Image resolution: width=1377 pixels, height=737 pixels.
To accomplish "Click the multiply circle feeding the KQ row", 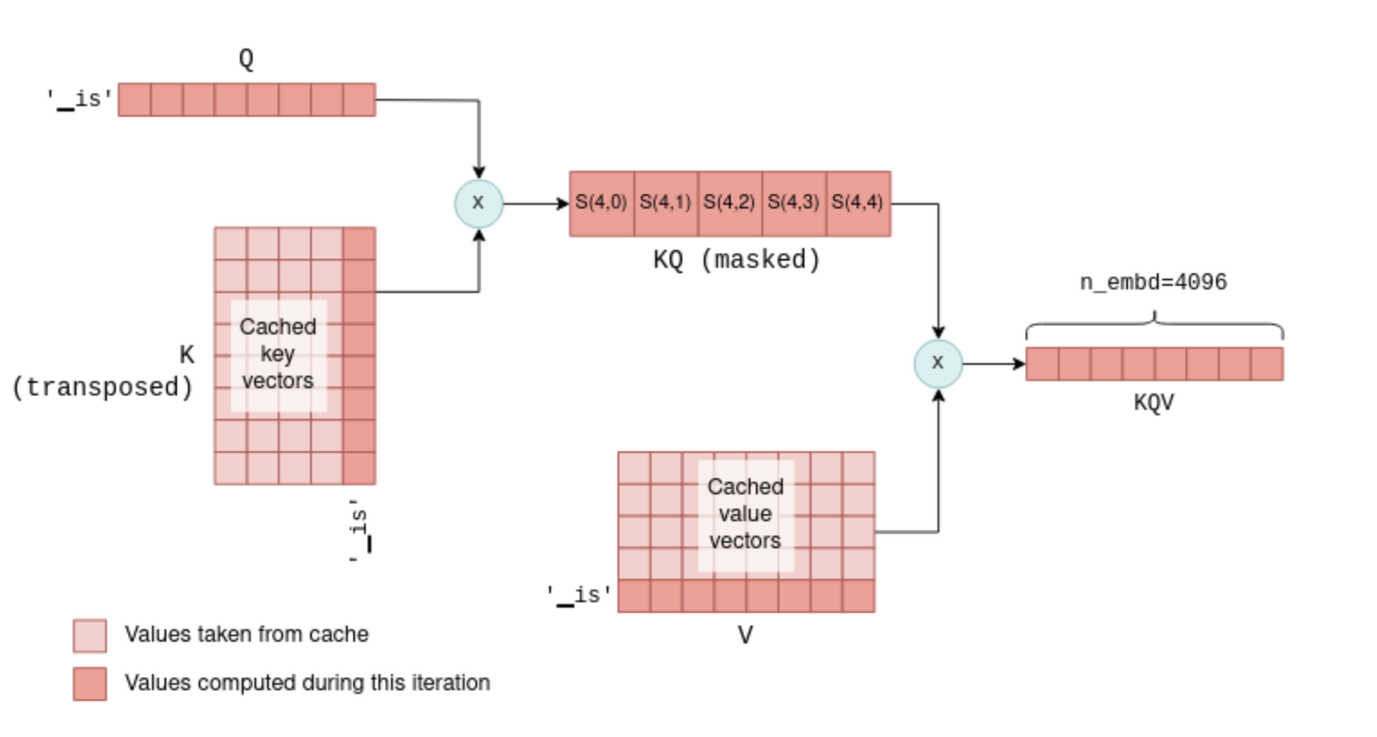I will (478, 203).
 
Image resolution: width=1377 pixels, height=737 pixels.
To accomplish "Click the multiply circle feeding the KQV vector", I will (937, 363).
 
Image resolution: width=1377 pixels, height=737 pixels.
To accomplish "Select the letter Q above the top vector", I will (246, 59).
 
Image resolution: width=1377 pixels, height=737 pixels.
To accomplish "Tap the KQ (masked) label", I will (736, 260).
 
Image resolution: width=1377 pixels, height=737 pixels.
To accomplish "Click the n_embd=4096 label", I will (1153, 282).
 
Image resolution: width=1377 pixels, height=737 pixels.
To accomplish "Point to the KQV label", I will (1153, 402).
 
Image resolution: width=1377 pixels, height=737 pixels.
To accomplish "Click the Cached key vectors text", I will (278, 353).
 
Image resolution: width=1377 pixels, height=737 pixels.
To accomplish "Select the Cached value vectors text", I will (745, 513).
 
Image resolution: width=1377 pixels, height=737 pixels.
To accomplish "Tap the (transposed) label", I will (102, 387).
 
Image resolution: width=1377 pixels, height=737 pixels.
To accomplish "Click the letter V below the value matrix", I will (745, 635).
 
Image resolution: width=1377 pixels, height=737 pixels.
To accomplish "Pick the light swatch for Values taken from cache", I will (90, 635).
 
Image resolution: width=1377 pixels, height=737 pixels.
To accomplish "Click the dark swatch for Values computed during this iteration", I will (90, 683).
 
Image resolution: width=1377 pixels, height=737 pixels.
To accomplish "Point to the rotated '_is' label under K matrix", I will (360, 530).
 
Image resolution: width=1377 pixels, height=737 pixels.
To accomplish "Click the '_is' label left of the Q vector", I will (80, 99).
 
